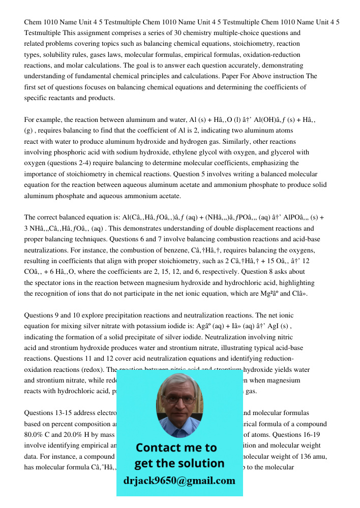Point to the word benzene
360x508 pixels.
pyautogui.click(x=241, y=250)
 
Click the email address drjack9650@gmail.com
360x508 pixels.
pyautogui.click(x=179, y=481)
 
